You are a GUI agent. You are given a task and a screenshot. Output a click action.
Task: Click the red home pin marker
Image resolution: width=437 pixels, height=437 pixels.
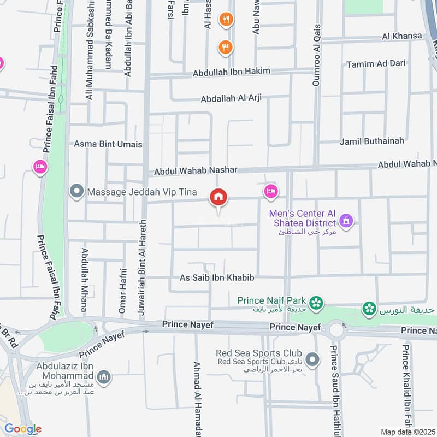[219, 197]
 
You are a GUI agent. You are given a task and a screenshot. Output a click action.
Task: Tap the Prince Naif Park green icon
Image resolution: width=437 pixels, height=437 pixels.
[316, 302]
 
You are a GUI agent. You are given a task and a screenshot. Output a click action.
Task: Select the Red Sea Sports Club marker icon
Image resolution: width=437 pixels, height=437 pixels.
[312, 359]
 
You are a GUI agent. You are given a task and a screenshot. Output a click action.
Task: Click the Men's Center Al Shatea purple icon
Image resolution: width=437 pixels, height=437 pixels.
[346, 222]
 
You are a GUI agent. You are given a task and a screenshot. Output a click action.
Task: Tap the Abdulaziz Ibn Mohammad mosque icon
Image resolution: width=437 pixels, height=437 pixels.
[103, 377]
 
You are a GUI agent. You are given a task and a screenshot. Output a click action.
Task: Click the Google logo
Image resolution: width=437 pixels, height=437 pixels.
[22, 429]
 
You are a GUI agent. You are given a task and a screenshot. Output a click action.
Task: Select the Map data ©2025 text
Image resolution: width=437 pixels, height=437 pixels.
[406, 432]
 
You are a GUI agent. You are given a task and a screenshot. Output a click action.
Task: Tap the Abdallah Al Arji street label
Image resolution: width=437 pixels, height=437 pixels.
[231, 98]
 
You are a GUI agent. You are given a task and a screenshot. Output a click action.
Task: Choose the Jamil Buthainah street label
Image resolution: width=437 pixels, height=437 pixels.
[372, 141]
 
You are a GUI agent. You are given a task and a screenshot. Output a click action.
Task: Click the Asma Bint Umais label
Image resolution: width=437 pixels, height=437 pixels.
[108, 144]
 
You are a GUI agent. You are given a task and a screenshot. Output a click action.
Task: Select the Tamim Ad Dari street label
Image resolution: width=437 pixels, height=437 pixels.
[376, 64]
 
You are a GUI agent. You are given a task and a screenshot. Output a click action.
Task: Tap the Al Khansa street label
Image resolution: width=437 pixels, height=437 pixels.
[402, 36]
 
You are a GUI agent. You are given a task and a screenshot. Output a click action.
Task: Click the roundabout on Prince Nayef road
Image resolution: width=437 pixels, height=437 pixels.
[335, 330]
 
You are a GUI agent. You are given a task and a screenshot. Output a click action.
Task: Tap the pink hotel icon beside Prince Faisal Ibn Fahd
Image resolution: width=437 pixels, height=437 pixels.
[40, 166]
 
